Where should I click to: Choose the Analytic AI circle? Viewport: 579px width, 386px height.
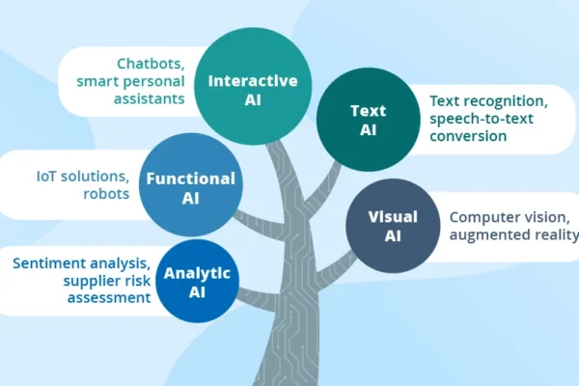click(x=197, y=280)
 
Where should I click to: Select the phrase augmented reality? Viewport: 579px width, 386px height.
click(x=512, y=234)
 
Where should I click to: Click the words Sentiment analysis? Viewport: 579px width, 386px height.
click(x=82, y=262)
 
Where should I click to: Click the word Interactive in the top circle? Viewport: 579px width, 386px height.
click(x=253, y=79)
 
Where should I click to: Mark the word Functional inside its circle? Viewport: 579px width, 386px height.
click(x=190, y=179)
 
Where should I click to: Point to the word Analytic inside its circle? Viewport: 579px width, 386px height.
click(x=197, y=272)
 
